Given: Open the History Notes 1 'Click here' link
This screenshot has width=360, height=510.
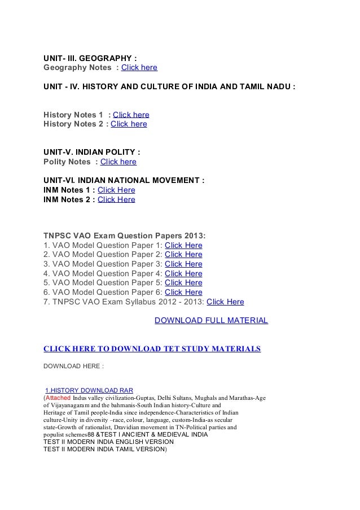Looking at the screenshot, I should point(131,115).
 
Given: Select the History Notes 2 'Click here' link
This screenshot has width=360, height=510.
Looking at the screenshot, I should point(129,124).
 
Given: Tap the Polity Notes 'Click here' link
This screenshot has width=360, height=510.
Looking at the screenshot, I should point(118,162).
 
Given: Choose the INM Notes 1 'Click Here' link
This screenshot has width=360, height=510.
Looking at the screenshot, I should point(116,190).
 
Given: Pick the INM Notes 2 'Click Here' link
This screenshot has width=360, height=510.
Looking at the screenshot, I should point(116,199).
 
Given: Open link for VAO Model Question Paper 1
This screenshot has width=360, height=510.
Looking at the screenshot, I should point(183,245).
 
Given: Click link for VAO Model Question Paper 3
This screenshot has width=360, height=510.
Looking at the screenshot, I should point(183,264).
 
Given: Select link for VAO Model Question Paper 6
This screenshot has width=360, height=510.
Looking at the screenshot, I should point(183,292).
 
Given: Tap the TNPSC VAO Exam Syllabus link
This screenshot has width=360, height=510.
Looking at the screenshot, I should point(225,302).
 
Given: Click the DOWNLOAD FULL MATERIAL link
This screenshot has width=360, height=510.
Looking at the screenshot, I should point(211,321).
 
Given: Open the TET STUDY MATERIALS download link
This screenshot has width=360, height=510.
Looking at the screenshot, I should point(152,348).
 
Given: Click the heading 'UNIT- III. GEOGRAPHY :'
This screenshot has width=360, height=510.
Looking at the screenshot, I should point(90,58).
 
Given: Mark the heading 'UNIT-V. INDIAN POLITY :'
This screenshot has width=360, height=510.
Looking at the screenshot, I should point(92,152).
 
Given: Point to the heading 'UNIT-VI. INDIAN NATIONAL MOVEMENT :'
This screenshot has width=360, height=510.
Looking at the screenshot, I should point(124,180).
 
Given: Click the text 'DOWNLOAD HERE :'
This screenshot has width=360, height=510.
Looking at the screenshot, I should point(73,365).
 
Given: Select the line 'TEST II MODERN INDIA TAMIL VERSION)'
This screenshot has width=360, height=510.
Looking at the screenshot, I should point(106,450).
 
